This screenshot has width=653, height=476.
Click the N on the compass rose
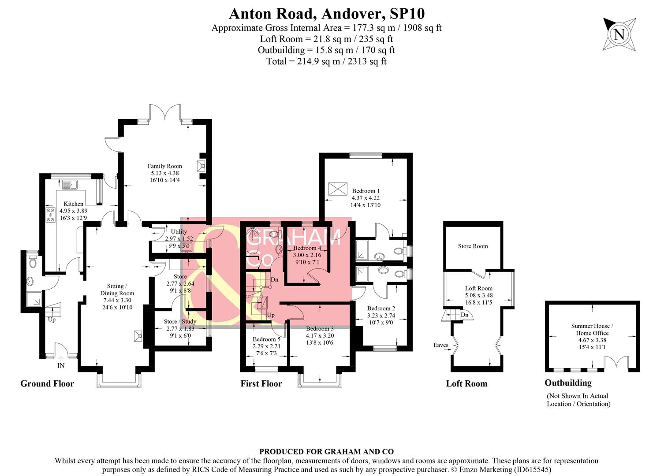coord(619,35)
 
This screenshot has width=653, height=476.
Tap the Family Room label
coord(165,166)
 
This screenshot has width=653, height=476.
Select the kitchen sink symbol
coord(69,185)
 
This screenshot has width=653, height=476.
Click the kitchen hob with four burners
coord(50,215)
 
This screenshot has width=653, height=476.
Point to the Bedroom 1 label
coord(366,191)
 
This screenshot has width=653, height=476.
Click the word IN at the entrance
coord(61,366)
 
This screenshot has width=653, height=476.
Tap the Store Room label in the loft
coord(473,246)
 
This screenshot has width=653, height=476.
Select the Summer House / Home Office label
coord(592,329)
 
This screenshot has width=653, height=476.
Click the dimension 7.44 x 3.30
coord(117,300)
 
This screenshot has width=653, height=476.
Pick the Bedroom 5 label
coord(266,339)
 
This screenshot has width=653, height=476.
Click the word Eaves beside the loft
coord(441,345)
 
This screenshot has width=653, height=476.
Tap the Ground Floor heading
coord(47,383)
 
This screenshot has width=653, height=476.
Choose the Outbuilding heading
coord(568,383)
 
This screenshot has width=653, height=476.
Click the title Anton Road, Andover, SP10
coord(327,13)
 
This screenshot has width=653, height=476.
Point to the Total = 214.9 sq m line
coord(326,62)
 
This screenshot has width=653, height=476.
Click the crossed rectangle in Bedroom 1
coord(338,189)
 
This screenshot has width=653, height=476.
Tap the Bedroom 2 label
coord(381,309)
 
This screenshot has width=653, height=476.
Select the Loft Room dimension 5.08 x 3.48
coord(479,295)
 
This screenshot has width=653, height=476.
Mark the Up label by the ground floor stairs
coord(52,320)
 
